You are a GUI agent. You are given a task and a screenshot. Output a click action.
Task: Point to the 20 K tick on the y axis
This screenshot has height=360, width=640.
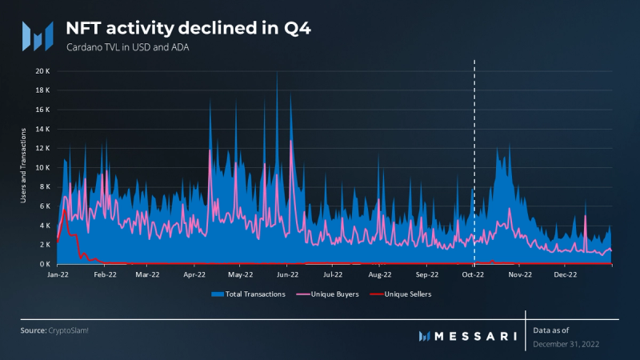[x=43, y=71]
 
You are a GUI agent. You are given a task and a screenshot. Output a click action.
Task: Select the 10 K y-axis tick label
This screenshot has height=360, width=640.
[x=43, y=167]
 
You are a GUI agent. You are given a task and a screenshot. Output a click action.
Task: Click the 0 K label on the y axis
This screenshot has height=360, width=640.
[x=45, y=264]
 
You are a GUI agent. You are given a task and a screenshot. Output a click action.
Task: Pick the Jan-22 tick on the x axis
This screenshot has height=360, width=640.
[x=58, y=274]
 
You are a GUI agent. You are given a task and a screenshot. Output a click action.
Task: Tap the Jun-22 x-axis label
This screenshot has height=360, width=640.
[x=286, y=274]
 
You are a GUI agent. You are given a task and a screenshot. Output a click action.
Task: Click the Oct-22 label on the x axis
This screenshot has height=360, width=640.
[x=474, y=274]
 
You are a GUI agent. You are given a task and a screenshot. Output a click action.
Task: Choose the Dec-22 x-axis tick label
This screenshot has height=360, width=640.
[x=566, y=274]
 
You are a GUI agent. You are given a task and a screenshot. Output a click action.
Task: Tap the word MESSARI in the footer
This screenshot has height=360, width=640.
[x=474, y=335]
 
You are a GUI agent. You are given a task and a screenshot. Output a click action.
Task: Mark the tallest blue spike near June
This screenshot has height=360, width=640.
[x=277, y=74]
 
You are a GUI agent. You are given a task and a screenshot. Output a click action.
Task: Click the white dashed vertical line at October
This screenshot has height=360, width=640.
[x=475, y=160]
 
